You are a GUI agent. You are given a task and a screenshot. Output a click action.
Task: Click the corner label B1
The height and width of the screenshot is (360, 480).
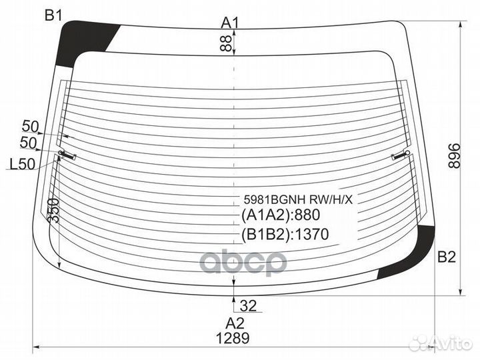54,15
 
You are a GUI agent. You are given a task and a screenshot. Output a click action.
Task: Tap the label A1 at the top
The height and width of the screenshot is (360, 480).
230,23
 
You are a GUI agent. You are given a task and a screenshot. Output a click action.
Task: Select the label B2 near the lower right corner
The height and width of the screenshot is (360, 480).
447,257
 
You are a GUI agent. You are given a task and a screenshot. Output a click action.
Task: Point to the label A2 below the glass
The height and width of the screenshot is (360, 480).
235,323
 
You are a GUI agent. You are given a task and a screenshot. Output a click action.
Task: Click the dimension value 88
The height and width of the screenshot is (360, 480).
225,43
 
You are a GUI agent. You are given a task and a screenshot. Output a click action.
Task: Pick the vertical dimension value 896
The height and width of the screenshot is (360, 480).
454,155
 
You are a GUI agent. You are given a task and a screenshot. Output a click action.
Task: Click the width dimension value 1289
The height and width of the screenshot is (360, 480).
233,338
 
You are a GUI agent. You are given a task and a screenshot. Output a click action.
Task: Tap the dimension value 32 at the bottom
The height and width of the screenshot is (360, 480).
248,305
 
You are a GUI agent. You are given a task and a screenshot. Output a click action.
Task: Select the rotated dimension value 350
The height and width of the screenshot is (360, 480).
53,210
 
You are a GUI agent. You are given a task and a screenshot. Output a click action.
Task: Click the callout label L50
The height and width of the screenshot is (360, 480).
23,164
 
